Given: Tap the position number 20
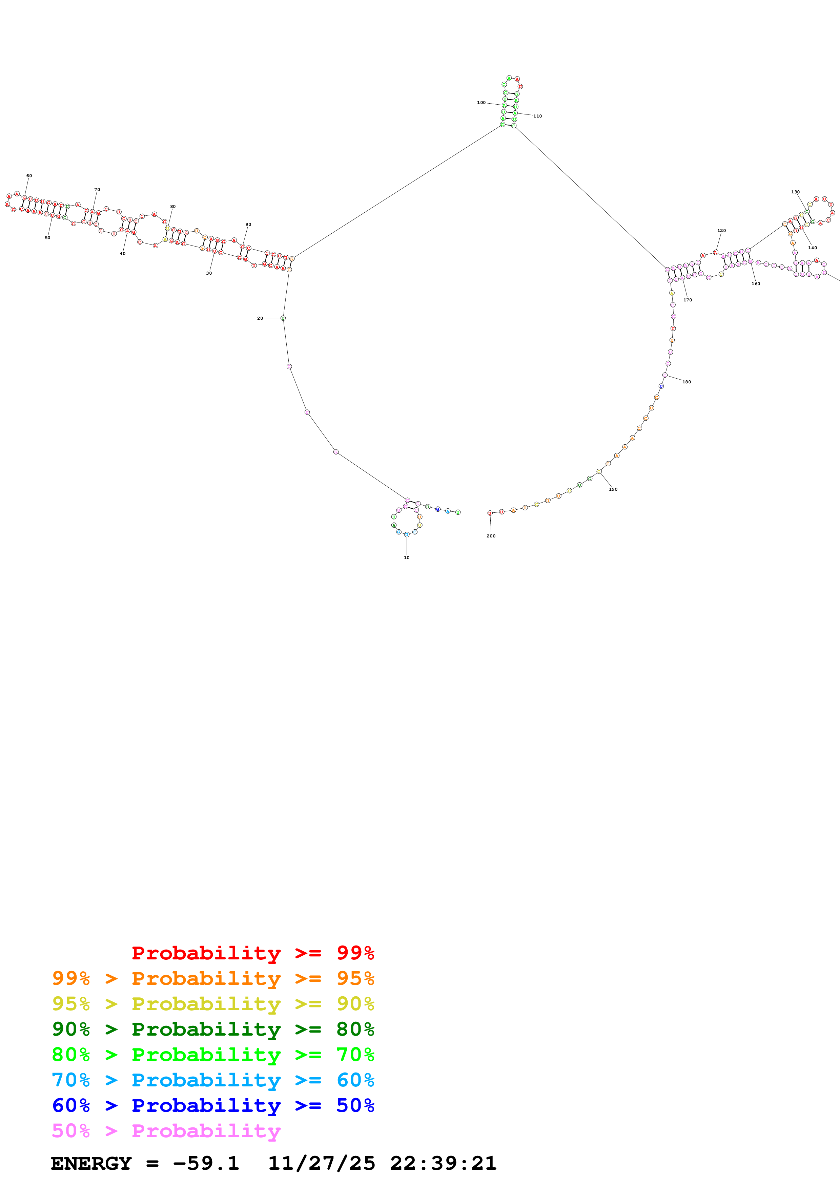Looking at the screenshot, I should tap(260, 318).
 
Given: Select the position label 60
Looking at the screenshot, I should tap(29, 176).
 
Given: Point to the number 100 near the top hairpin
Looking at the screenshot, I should tap(481, 103).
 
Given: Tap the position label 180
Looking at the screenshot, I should tap(686, 382).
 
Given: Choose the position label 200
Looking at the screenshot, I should tap(491, 536).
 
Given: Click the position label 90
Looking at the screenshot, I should tap(248, 225).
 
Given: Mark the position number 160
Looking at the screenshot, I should tap(756, 283).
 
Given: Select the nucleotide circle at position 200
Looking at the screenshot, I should tap(490, 513).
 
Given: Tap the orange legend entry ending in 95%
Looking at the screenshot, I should tap(213, 978).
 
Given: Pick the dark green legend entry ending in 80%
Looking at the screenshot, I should tap(213, 1029).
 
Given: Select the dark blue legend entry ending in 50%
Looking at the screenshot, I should tap(213, 1105).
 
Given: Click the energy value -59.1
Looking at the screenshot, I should tap(206, 1163).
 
